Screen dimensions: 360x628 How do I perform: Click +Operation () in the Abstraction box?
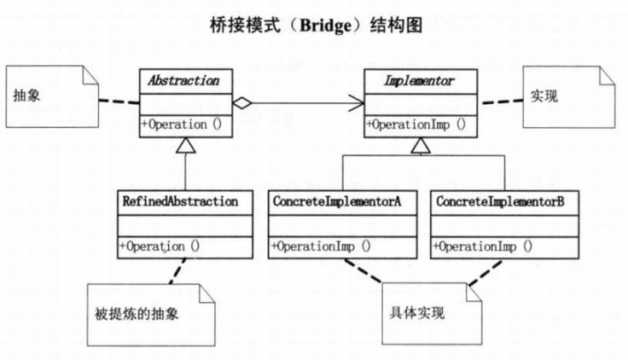[182, 125]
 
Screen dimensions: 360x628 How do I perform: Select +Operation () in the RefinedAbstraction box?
[160, 247]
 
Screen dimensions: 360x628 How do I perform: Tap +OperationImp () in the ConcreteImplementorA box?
[321, 247]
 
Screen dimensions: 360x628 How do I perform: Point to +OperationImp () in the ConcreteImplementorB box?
[483, 247]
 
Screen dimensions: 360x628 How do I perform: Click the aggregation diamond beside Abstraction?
[243, 104]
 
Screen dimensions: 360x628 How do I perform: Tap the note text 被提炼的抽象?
[142, 311]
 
